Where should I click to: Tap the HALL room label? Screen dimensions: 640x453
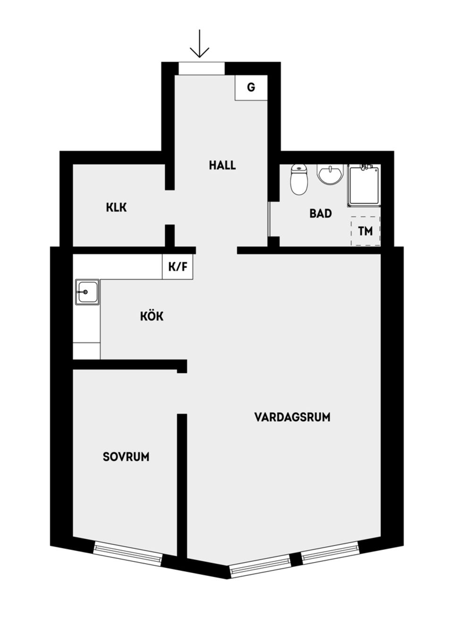[x=222, y=166]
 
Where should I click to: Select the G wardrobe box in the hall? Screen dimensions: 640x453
[x=251, y=87]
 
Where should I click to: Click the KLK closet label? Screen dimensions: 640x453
[x=116, y=207]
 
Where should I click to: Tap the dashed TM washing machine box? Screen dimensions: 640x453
[x=366, y=231]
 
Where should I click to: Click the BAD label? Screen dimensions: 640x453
[x=320, y=214]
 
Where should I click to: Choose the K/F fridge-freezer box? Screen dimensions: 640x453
[x=178, y=267]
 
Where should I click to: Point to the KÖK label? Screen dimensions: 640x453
[x=152, y=316]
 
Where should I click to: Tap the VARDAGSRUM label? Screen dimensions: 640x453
[x=292, y=417]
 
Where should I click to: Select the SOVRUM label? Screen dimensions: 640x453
[x=126, y=457]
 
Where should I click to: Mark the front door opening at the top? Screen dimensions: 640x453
[x=201, y=68]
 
